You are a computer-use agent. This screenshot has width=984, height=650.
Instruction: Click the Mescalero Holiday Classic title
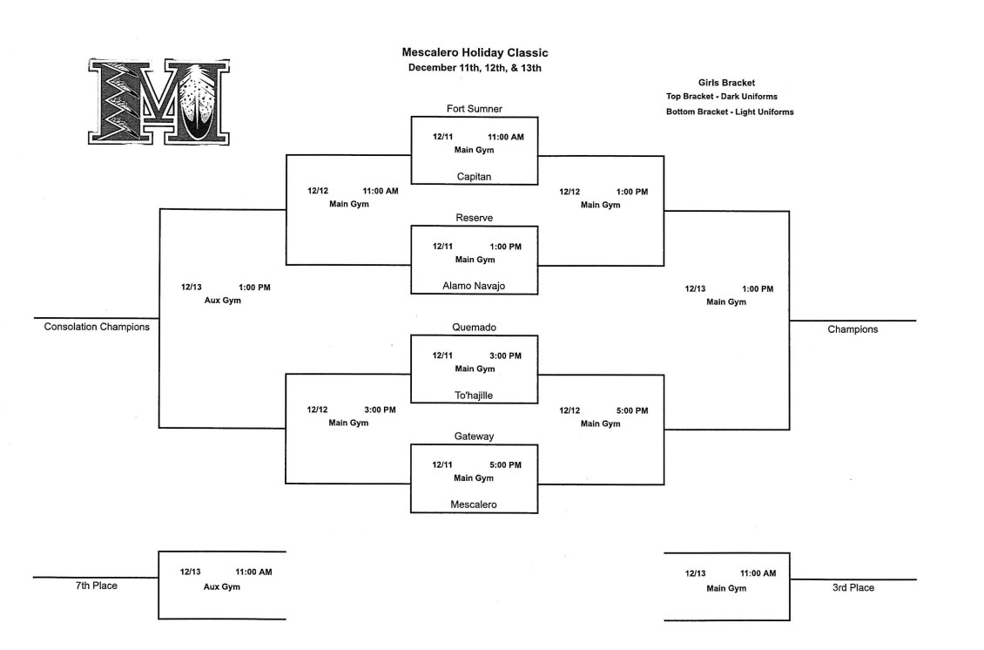(475, 53)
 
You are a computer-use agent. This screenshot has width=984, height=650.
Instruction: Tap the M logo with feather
(158, 101)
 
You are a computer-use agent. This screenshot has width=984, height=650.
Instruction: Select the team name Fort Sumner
(474, 109)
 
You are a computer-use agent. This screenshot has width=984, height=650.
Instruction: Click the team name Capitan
(474, 176)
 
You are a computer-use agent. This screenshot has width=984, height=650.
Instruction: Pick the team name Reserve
(474, 217)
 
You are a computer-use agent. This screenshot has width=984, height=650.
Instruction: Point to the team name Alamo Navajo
(474, 285)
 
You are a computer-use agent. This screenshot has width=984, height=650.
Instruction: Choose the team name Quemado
(474, 328)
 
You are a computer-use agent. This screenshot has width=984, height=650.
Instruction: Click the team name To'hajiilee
(474, 395)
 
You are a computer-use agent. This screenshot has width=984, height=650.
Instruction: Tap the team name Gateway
(474, 436)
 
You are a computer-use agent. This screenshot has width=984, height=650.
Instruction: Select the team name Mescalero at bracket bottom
(474, 504)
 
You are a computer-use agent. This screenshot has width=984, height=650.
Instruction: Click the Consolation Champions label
(97, 327)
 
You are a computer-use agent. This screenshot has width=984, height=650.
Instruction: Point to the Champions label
(853, 329)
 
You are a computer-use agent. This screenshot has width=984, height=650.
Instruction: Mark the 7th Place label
(96, 586)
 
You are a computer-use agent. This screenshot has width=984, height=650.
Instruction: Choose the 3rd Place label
(853, 587)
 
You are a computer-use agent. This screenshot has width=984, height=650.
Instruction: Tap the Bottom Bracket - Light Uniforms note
(730, 112)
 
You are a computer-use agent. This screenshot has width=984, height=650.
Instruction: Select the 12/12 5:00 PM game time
(603, 410)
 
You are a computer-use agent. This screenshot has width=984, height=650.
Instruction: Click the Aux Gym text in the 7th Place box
(222, 586)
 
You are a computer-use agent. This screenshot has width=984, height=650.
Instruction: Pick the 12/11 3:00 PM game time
(476, 355)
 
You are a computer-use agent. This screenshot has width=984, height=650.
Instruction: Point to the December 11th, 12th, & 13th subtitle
(475, 68)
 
